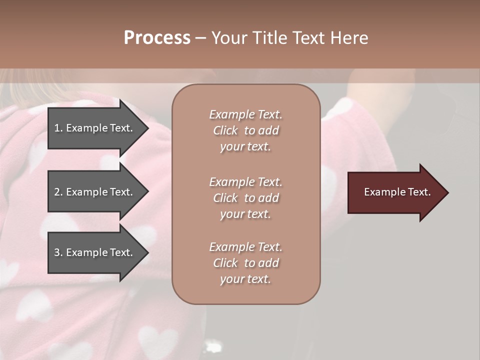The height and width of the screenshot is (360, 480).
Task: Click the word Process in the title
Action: (x=157, y=38)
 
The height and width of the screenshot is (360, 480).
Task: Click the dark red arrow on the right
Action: (x=395, y=192)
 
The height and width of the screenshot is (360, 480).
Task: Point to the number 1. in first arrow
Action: (x=58, y=128)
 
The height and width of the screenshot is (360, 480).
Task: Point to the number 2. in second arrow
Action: (x=58, y=192)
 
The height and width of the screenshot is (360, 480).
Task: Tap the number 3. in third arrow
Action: (x=58, y=252)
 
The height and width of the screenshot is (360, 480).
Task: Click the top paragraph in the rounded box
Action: (x=245, y=130)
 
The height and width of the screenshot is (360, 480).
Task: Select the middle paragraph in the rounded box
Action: (x=245, y=198)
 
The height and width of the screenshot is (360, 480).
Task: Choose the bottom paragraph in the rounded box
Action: (x=245, y=263)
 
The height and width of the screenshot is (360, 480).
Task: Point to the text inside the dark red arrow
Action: (x=397, y=192)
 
